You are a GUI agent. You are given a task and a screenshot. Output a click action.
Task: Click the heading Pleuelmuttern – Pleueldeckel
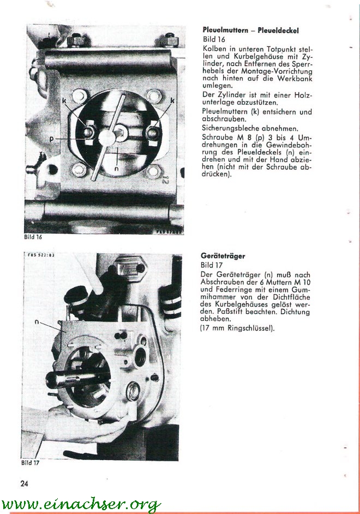tap(250, 30)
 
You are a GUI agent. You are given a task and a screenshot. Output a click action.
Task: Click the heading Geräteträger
tap(223, 255)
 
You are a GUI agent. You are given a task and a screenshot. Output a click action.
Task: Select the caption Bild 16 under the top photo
tap(32, 237)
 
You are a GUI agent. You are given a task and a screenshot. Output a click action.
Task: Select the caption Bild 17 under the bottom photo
tap(31, 463)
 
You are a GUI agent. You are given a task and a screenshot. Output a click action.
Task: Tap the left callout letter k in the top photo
tap(64, 101)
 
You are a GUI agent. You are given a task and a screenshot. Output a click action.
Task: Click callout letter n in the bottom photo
tap(37, 322)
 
